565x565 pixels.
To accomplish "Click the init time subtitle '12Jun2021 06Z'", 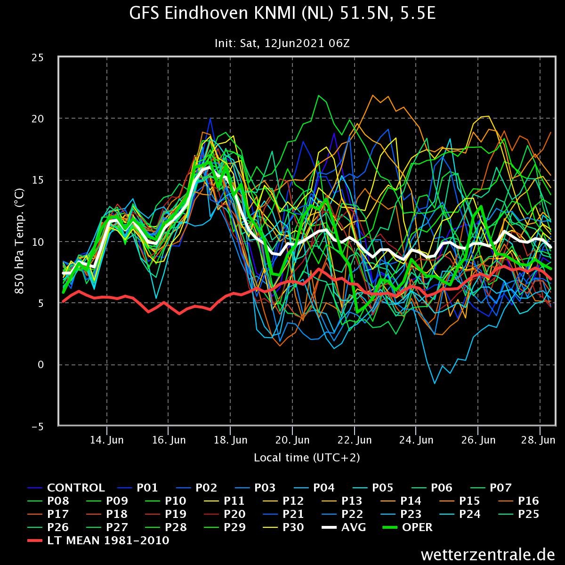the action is (307, 43).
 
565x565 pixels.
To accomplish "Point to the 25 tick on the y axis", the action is (38, 58).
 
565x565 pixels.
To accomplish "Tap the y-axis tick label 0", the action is (40, 365).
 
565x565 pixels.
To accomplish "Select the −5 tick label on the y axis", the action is (38, 427).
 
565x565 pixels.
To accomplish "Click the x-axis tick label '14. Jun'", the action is (107, 440).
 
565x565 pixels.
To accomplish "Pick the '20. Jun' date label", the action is (292, 440).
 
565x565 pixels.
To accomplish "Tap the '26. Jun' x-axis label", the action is (478, 440).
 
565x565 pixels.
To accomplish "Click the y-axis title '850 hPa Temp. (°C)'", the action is (19, 241).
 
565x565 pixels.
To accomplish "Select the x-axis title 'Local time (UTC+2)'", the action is (307, 458).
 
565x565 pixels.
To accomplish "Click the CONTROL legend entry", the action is (66, 488).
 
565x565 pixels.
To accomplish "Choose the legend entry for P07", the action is (491, 488).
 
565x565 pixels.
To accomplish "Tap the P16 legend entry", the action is (519, 501).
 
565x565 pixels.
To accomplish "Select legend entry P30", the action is (283, 527).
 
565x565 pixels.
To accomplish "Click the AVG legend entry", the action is (344, 527).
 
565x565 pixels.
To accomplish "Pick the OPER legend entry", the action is (408, 527).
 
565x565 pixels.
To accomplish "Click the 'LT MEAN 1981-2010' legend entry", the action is (98, 541).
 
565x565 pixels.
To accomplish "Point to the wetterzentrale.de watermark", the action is (488, 555).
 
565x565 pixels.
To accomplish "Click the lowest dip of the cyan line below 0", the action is (435, 383).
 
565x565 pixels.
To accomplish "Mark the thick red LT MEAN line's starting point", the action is (63, 301).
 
